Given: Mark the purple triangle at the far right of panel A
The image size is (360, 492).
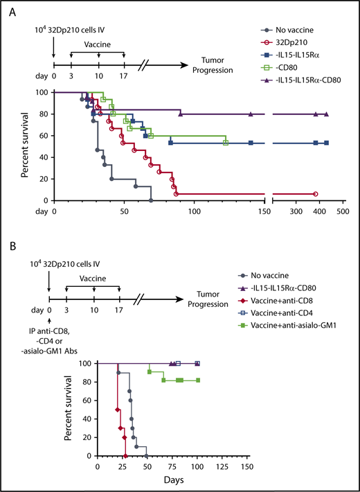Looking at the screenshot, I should tap(326, 115).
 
